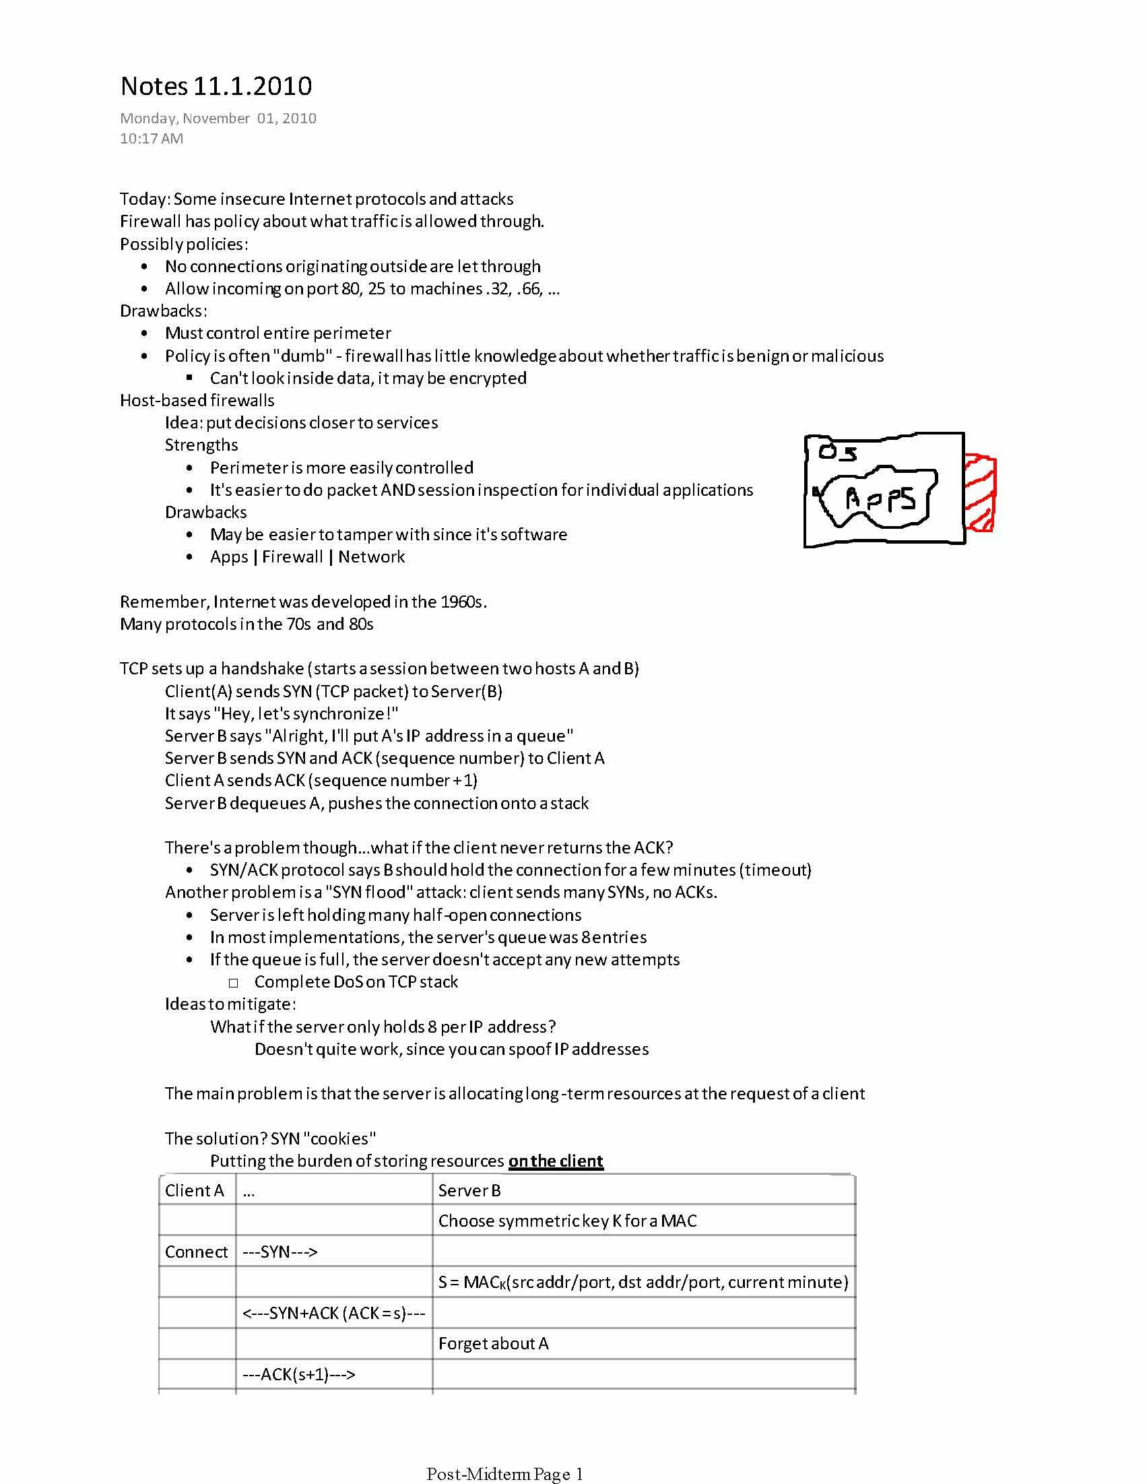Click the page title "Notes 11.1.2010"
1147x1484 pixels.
tap(216, 86)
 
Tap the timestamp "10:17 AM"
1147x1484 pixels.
tap(152, 139)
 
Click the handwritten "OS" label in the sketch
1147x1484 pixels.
tap(837, 452)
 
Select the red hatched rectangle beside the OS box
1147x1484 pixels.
tap(980, 492)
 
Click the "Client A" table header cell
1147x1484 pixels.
tap(195, 1190)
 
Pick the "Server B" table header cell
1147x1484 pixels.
tap(469, 1190)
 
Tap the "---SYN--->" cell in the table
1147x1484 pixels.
tap(280, 1252)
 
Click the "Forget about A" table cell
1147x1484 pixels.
tap(493, 1343)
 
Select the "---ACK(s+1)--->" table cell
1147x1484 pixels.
tap(299, 1374)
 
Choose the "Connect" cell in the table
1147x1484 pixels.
tap(197, 1252)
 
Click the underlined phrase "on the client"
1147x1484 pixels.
tap(555, 1161)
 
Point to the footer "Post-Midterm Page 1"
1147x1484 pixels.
tap(505, 1473)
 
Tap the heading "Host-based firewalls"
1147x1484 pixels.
tap(197, 400)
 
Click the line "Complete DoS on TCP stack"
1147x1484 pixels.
tap(356, 982)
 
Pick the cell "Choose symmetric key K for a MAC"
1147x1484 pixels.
tap(567, 1221)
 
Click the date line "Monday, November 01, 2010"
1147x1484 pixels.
tap(218, 119)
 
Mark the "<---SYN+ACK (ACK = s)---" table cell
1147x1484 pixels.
tap(333, 1313)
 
